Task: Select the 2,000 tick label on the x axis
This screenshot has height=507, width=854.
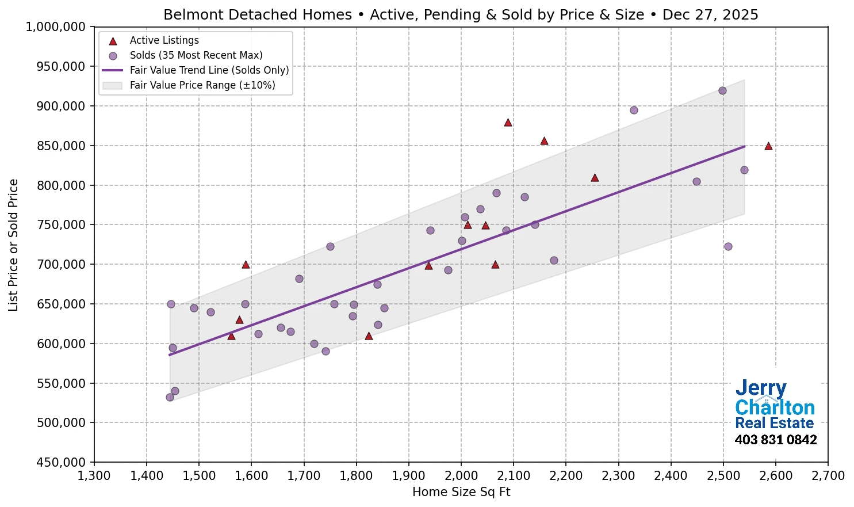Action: (461, 476)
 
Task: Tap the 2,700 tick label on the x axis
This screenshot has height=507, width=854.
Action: (828, 476)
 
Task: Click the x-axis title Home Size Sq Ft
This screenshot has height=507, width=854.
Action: (461, 492)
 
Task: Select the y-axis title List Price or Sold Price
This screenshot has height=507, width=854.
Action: (13, 245)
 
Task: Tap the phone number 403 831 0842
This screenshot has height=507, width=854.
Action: (775, 440)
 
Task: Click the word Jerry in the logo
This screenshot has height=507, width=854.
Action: (760, 388)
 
